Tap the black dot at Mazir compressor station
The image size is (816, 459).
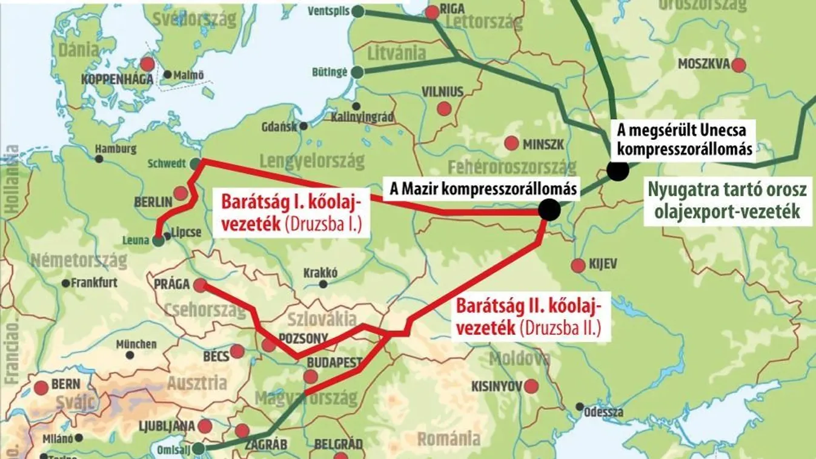pos(549,210)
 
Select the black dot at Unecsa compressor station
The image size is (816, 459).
pos(618,171)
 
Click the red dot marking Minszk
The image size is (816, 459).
pos(512,144)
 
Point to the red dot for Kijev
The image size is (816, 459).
pos(578,265)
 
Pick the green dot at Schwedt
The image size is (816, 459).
pos(194,163)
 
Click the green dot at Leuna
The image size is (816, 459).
pos(158,241)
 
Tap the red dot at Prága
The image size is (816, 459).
pos(199,284)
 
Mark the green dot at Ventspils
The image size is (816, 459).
pos(359,11)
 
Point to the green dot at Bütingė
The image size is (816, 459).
pos(357,72)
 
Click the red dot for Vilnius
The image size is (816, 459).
pos(445,109)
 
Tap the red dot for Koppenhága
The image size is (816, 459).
pos(147,64)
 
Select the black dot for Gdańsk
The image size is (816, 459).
pos(303,126)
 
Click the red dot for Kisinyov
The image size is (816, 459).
pos(532,386)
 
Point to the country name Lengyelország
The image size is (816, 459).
pos(312,161)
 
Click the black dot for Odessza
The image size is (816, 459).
pos(580,406)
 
